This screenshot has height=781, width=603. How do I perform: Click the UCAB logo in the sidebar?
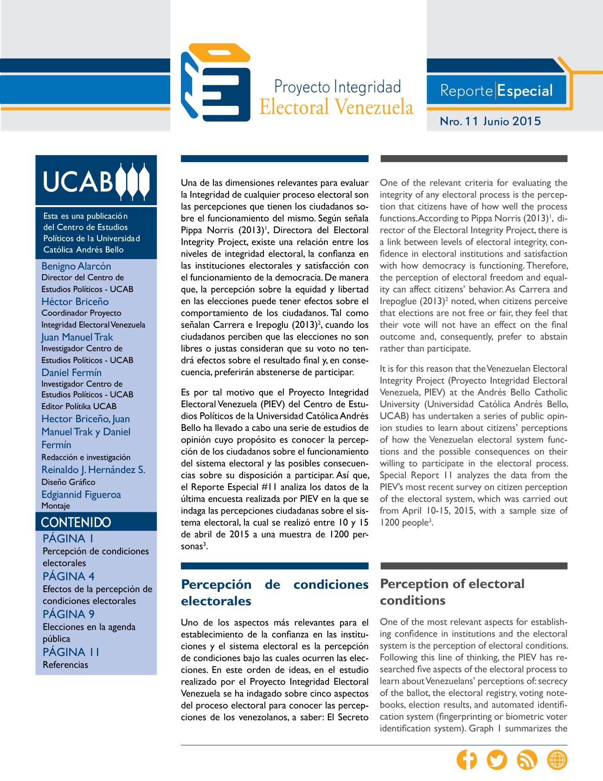(96, 181)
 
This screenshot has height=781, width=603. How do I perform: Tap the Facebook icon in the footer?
(467, 760)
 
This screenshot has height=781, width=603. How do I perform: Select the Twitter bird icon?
(497, 760)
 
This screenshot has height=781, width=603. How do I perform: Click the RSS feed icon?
(527, 760)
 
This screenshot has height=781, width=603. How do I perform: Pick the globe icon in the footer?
(557, 760)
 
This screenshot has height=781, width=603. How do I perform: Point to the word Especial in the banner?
(525, 91)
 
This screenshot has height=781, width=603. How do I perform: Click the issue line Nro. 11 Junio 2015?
(490, 121)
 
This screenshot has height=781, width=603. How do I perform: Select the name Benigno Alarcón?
(77, 266)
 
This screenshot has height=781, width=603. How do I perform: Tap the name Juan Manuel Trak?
(77, 337)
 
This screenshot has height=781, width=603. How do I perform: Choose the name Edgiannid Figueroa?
(81, 495)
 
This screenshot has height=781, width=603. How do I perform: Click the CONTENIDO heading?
(76, 522)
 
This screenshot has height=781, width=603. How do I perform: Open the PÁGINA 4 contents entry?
(69, 576)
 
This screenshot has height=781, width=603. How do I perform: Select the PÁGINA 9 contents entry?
(69, 614)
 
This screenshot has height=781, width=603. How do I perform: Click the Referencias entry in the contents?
(65, 664)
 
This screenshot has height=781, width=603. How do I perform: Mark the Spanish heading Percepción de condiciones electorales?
(275, 592)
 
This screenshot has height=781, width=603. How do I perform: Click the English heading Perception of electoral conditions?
(452, 592)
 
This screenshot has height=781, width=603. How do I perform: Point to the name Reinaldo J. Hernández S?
(93, 469)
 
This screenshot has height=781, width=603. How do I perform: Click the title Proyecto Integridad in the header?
(337, 87)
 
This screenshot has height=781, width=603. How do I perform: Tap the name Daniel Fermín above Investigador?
(71, 372)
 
